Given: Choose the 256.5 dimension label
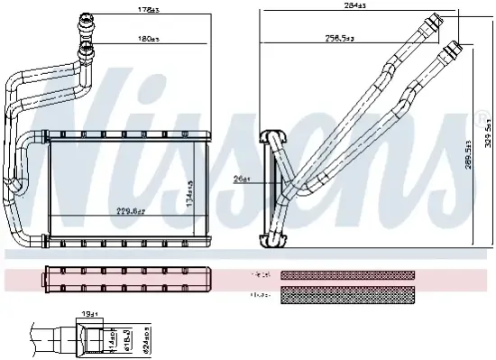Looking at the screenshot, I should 341,39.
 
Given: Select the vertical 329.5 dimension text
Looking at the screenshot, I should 488,134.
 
